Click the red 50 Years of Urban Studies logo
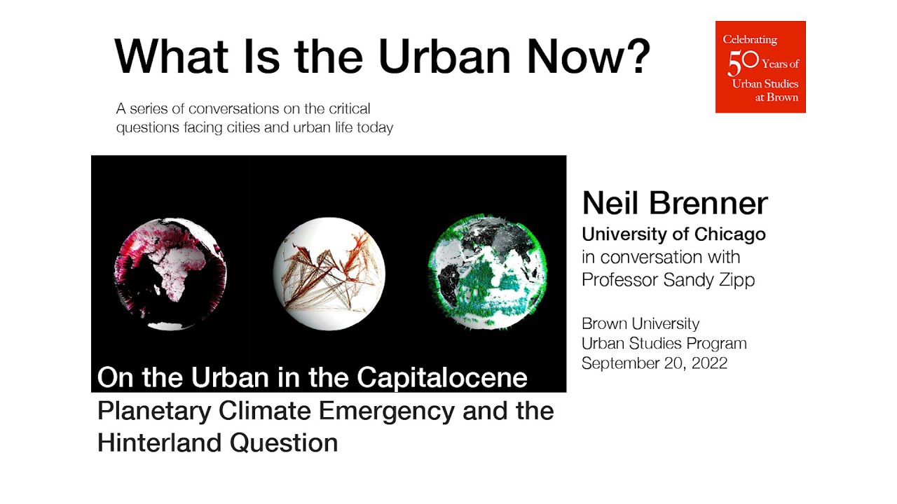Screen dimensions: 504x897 [760, 66]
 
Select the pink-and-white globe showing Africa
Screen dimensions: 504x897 [170, 274]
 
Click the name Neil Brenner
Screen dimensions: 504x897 [674, 204]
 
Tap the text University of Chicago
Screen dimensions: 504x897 [673, 234]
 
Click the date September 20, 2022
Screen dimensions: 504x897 [654, 363]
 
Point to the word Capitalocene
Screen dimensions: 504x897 [441, 378]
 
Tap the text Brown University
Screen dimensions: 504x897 [641, 324]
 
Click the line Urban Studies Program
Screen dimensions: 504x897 [664, 344]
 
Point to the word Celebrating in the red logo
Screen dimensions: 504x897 [750, 40]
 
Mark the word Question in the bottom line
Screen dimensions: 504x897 [289, 442]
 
